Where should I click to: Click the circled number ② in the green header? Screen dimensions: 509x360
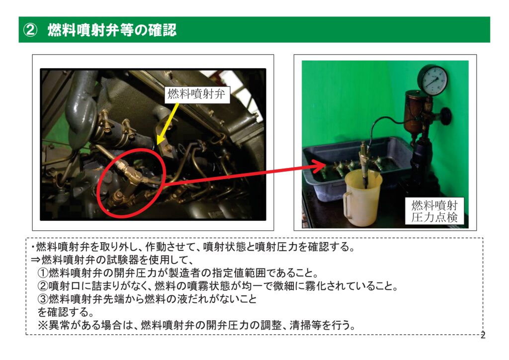point(30,30)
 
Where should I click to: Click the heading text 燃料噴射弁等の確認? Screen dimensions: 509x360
point(112,30)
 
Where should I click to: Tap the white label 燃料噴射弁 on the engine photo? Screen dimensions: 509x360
point(197,94)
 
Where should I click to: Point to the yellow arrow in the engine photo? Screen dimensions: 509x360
point(168,123)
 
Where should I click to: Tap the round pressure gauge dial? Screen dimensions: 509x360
point(433,80)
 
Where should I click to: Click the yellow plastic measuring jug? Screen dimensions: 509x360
point(363,198)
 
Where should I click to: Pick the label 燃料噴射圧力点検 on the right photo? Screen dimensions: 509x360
point(434,211)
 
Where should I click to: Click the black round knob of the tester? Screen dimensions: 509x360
point(446,116)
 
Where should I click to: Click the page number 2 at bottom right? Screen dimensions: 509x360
point(483,335)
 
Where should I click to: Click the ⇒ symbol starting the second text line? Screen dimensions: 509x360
point(36,260)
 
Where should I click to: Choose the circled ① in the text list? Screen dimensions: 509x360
point(43,273)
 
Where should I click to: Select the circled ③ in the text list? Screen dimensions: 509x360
point(43,299)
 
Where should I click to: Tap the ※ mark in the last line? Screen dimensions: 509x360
point(43,325)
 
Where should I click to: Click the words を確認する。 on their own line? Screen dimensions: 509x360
point(66,312)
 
